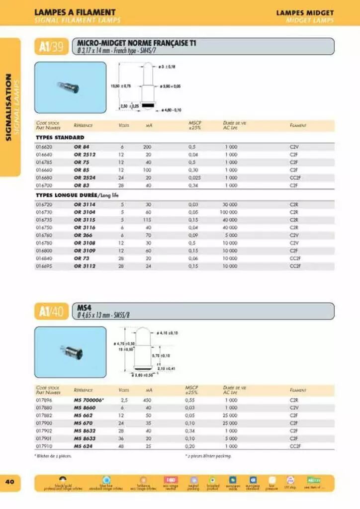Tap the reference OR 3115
coord(84,220)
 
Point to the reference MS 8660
coord(84,408)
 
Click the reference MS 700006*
coord(89,400)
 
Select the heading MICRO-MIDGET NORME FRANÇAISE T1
coord(136,43)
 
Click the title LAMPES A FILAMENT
coord(75,12)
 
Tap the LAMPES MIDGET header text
coord(305,12)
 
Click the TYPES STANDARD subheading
coord(60,137)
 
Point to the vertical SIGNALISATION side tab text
coord(9,106)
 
